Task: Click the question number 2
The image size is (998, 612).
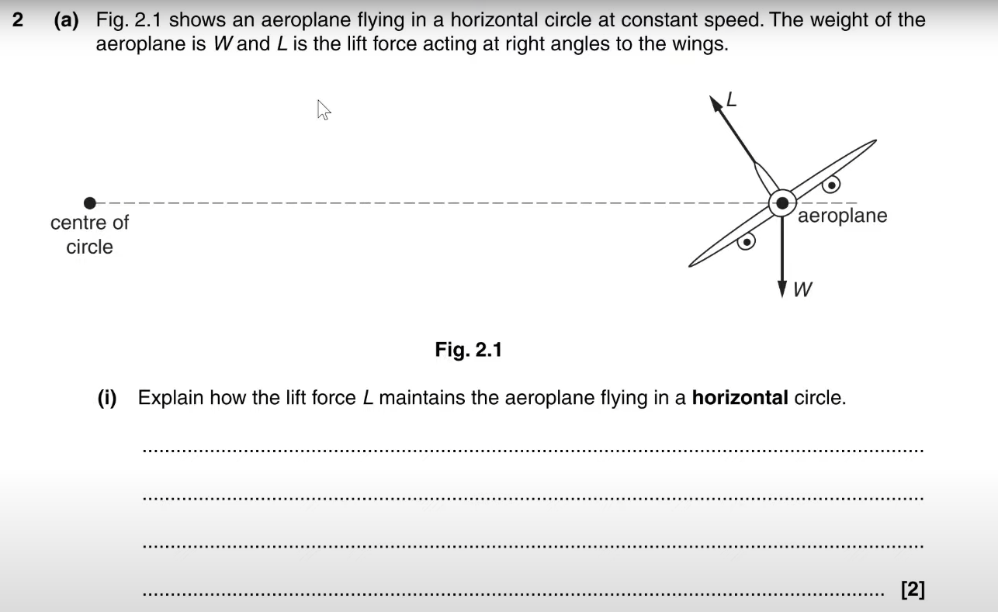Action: tap(18, 20)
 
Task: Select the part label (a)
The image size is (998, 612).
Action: tap(67, 20)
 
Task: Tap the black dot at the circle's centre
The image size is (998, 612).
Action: tap(90, 203)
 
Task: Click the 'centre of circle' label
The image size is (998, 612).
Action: tap(89, 234)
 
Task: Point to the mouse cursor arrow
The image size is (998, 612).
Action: tap(323, 110)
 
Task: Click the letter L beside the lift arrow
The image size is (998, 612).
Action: tap(730, 99)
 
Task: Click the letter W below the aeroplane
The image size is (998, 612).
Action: tap(803, 290)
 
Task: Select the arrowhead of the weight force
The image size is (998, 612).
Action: tap(782, 289)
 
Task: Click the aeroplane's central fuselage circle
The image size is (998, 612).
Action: tap(782, 203)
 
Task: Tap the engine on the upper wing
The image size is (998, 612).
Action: tap(832, 185)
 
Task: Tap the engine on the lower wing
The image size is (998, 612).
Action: tap(746, 242)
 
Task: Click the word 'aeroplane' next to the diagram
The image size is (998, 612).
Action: tap(842, 216)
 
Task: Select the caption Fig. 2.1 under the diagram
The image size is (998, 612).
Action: tap(468, 350)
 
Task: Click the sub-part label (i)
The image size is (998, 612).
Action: tap(106, 398)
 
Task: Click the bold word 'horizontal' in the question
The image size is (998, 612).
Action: tap(740, 398)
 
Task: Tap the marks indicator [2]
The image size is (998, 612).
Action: tap(913, 590)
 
